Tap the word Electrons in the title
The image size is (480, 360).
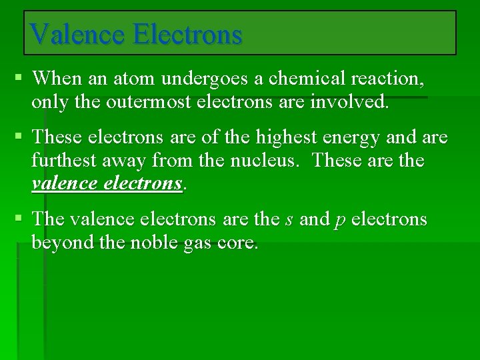pyautogui.click(x=187, y=33)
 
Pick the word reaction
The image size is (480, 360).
pyautogui.click(x=386, y=79)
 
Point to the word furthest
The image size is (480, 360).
pyautogui.click(x=64, y=161)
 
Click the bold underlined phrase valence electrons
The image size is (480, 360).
pyautogui.click(x=107, y=183)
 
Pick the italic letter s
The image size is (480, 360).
pyautogui.click(x=289, y=219)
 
